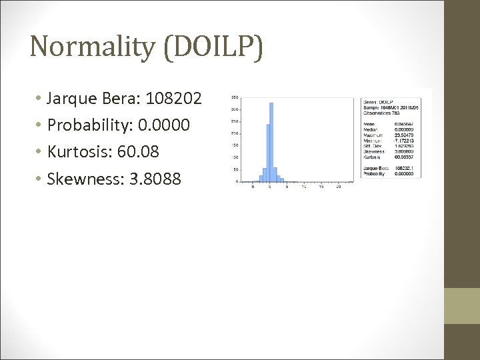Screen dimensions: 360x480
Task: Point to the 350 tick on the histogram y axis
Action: (x=236, y=98)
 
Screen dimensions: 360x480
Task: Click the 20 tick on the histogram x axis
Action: (x=339, y=187)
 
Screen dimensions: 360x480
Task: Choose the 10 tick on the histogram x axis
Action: (x=304, y=187)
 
